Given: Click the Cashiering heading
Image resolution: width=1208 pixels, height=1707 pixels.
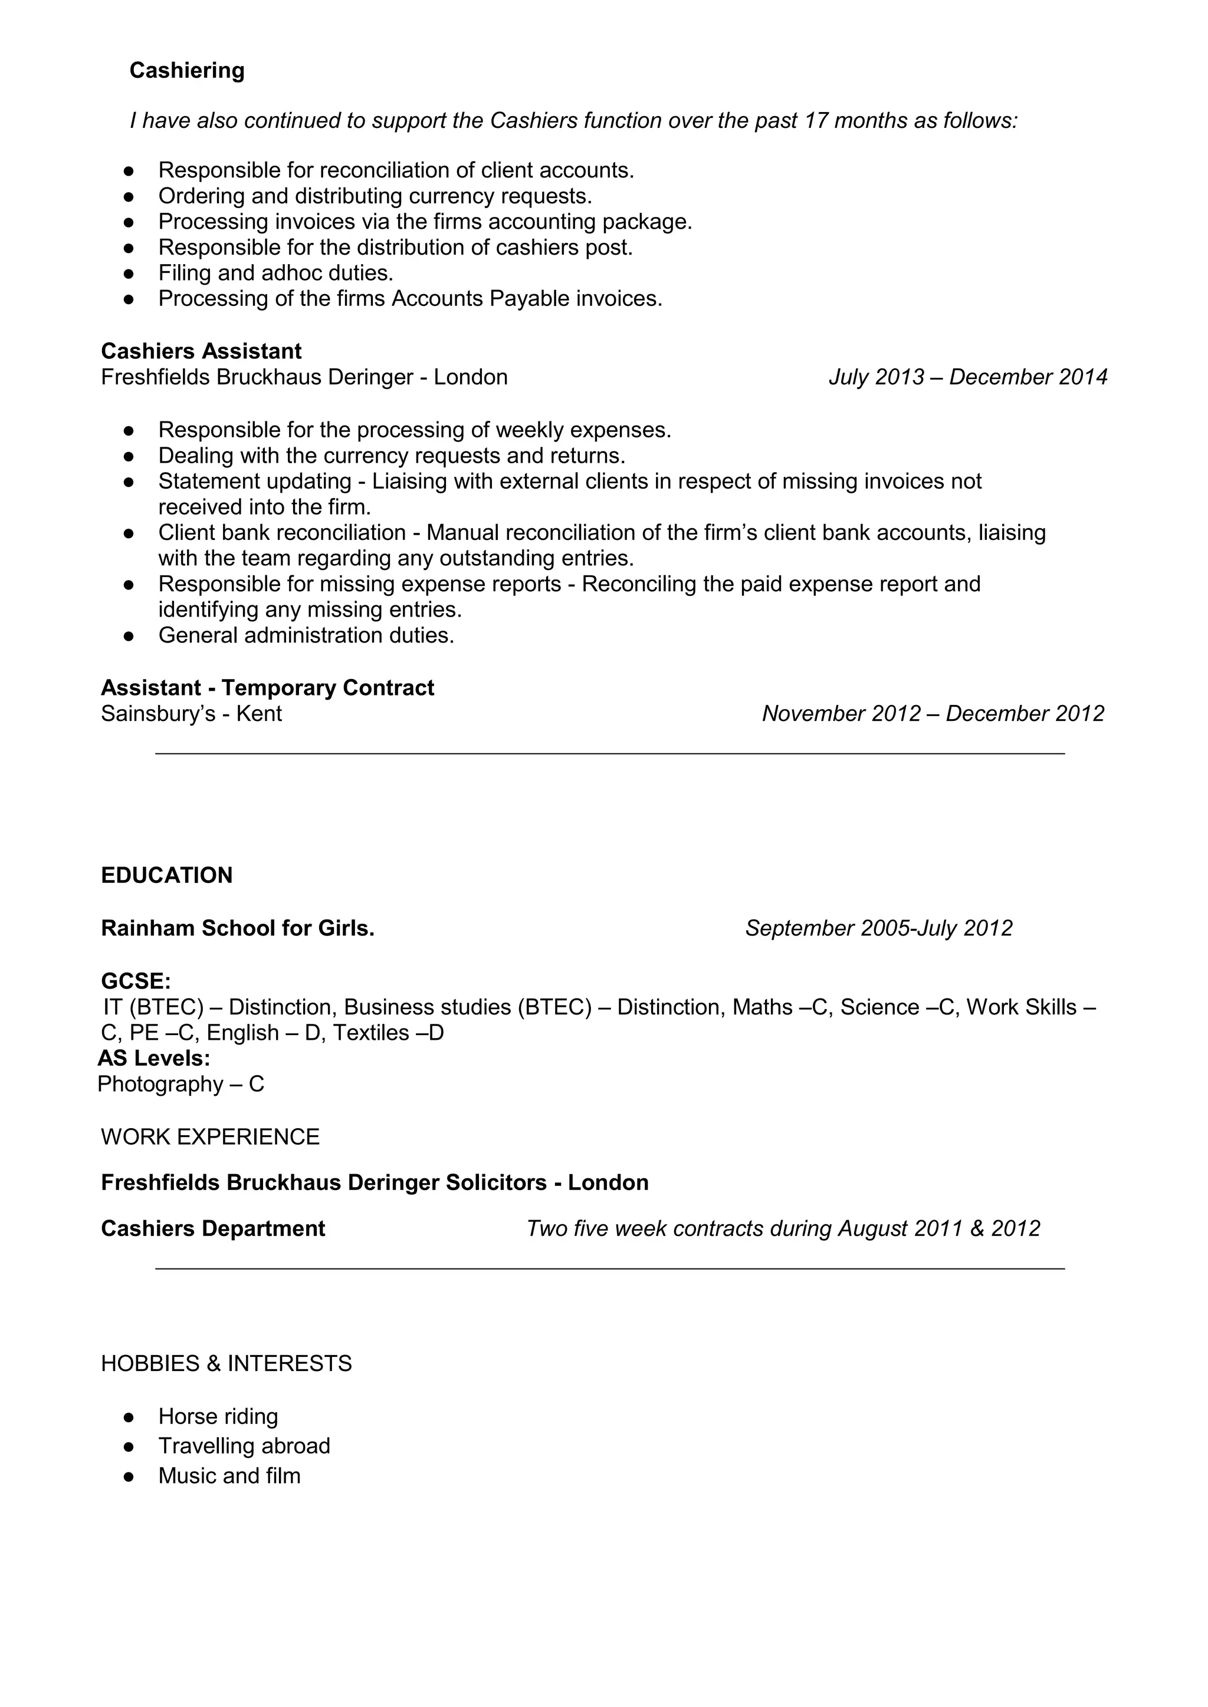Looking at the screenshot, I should point(187,71).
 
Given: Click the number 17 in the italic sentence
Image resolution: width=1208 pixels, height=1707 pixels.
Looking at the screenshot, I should point(816,120).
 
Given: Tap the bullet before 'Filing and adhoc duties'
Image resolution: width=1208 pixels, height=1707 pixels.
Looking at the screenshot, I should point(129,273).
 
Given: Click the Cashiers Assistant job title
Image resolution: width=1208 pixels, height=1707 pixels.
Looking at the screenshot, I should point(201,351).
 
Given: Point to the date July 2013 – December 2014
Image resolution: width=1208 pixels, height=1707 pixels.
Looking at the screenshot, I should point(968,377).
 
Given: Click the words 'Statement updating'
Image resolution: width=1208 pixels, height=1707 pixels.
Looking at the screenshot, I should point(254,482).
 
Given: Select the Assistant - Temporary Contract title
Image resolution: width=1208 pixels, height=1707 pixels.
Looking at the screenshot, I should point(267,688).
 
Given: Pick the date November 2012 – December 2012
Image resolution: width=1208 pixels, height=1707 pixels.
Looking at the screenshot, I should point(933,714).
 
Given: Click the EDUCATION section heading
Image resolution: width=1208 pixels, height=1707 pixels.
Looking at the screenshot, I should point(166,875).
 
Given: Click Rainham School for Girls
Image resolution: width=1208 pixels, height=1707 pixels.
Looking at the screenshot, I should point(237,928).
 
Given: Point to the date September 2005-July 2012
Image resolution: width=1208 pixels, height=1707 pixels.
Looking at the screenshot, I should point(878,928).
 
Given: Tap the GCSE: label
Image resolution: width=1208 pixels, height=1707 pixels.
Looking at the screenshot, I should point(136,981).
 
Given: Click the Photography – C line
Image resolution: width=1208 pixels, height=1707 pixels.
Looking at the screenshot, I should point(180,1084).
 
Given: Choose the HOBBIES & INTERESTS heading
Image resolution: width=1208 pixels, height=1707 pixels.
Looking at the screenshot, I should point(226,1363).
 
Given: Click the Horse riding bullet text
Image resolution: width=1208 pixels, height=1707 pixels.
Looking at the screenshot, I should point(218,1416).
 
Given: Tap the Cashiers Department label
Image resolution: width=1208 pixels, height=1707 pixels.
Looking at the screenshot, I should point(213,1228).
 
